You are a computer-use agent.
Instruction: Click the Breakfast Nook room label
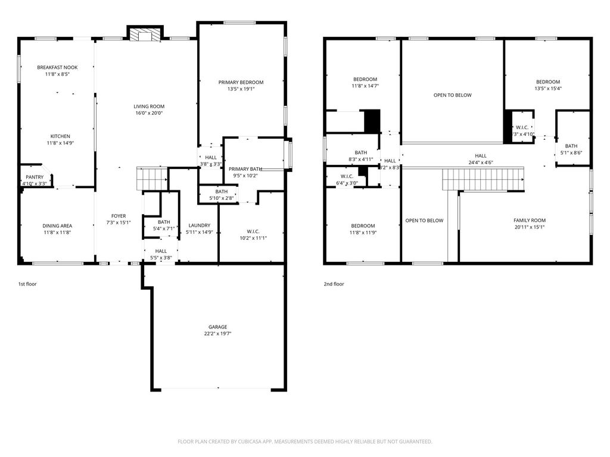(57, 67)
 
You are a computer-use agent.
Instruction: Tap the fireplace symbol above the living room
(145, 35)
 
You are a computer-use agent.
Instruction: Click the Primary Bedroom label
(241, 82)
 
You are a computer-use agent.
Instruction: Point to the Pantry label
(34, 177)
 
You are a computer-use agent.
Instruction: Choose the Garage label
(217, 327)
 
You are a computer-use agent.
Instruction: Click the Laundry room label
(199, 225)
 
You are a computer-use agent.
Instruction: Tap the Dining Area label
(57, 226)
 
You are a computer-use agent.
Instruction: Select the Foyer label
(119, 216)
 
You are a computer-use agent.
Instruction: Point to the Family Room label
(530, 220)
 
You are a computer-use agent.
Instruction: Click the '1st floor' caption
(27, 284)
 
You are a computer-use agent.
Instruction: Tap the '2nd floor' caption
(334, 284)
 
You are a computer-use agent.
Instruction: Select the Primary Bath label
(245, 169)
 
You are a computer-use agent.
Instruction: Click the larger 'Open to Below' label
(452, 95)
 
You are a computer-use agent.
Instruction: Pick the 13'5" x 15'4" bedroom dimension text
(547, 89)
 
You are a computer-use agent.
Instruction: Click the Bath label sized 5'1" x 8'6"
(571, 146)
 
